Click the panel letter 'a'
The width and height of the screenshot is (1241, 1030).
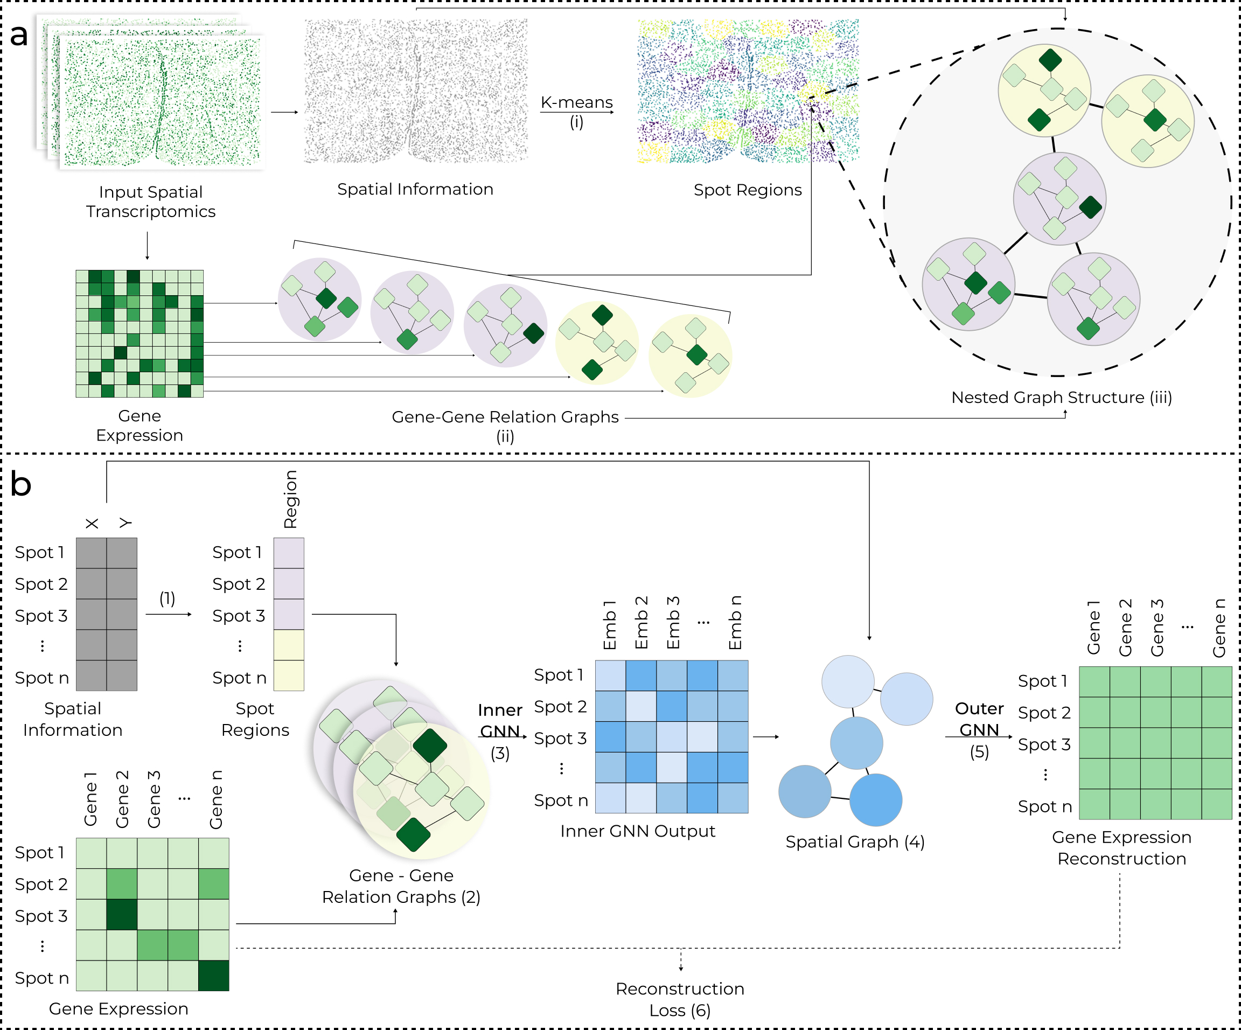coord(19,36)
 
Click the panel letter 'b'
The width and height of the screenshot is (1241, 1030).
coord(20,485)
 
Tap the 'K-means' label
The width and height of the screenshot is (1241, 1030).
coord(576,102)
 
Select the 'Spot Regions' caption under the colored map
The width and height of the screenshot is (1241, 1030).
coord(747,190)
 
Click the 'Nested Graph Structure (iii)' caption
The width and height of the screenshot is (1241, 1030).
coord(1061,397)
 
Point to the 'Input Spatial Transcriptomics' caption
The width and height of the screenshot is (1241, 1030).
coord(151,201)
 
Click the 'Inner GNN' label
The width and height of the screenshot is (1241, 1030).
coord(500,720)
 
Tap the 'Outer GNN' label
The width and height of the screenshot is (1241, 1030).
coord(979,719)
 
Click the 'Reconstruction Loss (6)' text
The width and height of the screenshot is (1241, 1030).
coord(680,999)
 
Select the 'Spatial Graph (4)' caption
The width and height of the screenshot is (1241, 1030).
coord(854,841)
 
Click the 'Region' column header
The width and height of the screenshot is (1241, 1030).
coord(290,499)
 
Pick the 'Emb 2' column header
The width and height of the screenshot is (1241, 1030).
coord(641,622)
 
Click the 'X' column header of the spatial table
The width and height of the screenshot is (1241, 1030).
coord(92,524)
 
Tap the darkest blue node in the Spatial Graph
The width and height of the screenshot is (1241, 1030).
coord(876,799)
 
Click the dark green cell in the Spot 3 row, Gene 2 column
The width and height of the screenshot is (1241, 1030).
coord(122,915)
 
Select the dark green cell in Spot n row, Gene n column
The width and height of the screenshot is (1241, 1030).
coord(213,976)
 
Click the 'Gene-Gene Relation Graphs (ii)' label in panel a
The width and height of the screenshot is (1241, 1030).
coord(505,426)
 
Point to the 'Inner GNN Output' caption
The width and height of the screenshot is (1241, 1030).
coord(638,831)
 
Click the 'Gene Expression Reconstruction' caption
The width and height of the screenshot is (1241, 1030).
coord(1121,847)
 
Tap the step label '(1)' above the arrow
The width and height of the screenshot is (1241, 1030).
coord(167,598)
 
